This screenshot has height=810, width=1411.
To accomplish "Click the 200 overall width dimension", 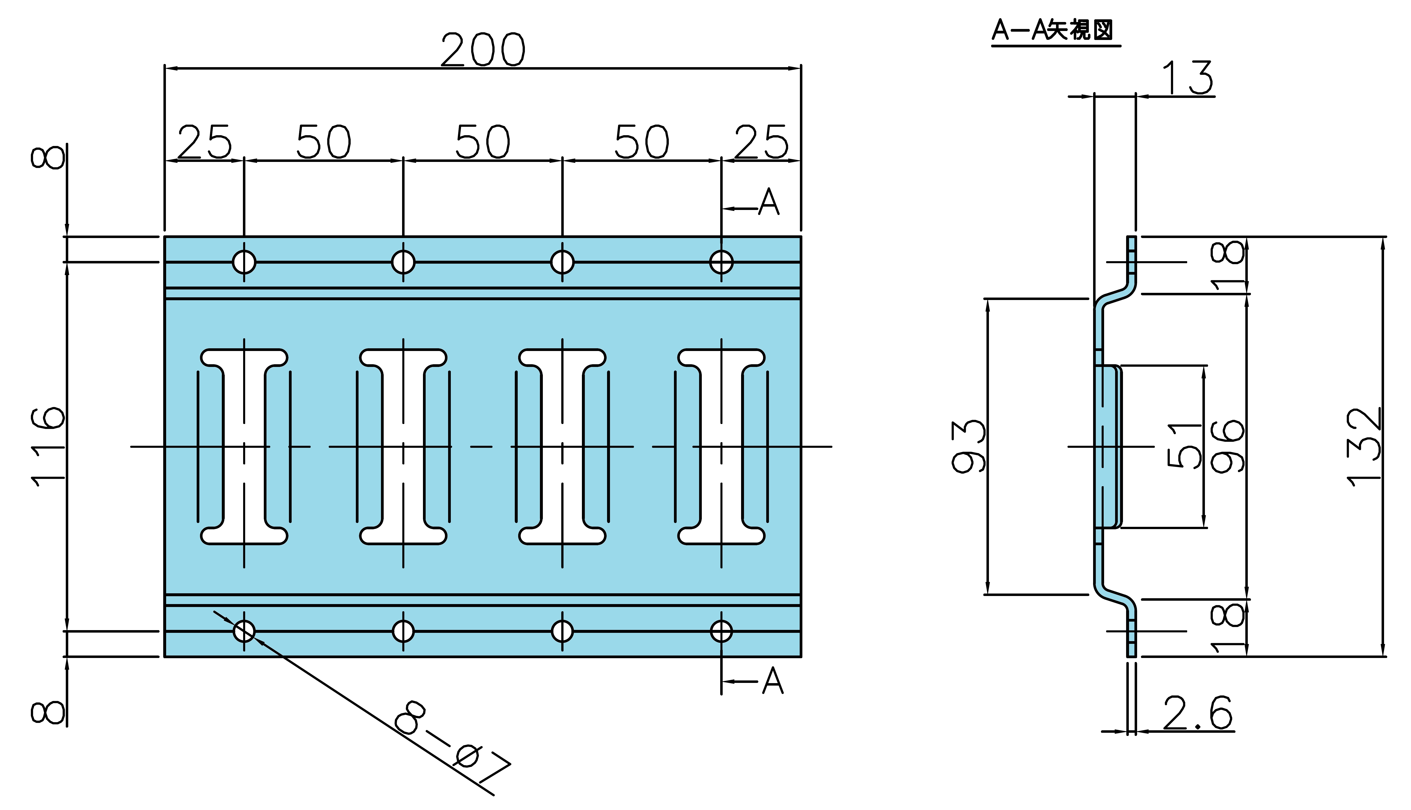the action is tap(483, 49).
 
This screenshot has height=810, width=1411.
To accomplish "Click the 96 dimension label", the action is tap(1227, 447).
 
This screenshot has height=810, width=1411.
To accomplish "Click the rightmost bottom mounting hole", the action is tap(721, 631).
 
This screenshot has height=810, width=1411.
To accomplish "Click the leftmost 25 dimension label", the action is tap(204, 142).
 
